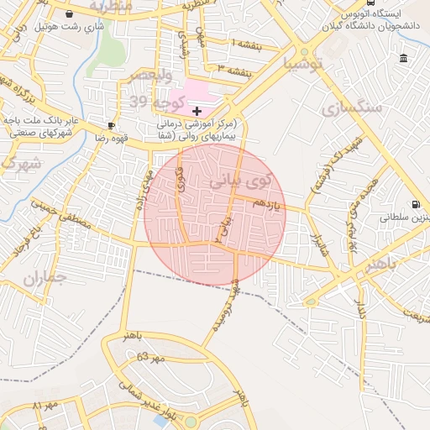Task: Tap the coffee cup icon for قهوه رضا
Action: pyautogui.click(x=112, y=125)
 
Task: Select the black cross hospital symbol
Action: pyautogui.click(x=197, y=111)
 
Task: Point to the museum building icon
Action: pyautogui.click(x=404, y=59)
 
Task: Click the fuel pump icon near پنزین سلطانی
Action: pyautogui.click(x=415, y=204)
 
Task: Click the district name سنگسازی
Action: pyautogui.click(x=353, y=107)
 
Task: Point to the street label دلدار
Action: pyautogui.click(x=362, y=307)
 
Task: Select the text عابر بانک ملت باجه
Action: pyautogui.click(x=41, y=121)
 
